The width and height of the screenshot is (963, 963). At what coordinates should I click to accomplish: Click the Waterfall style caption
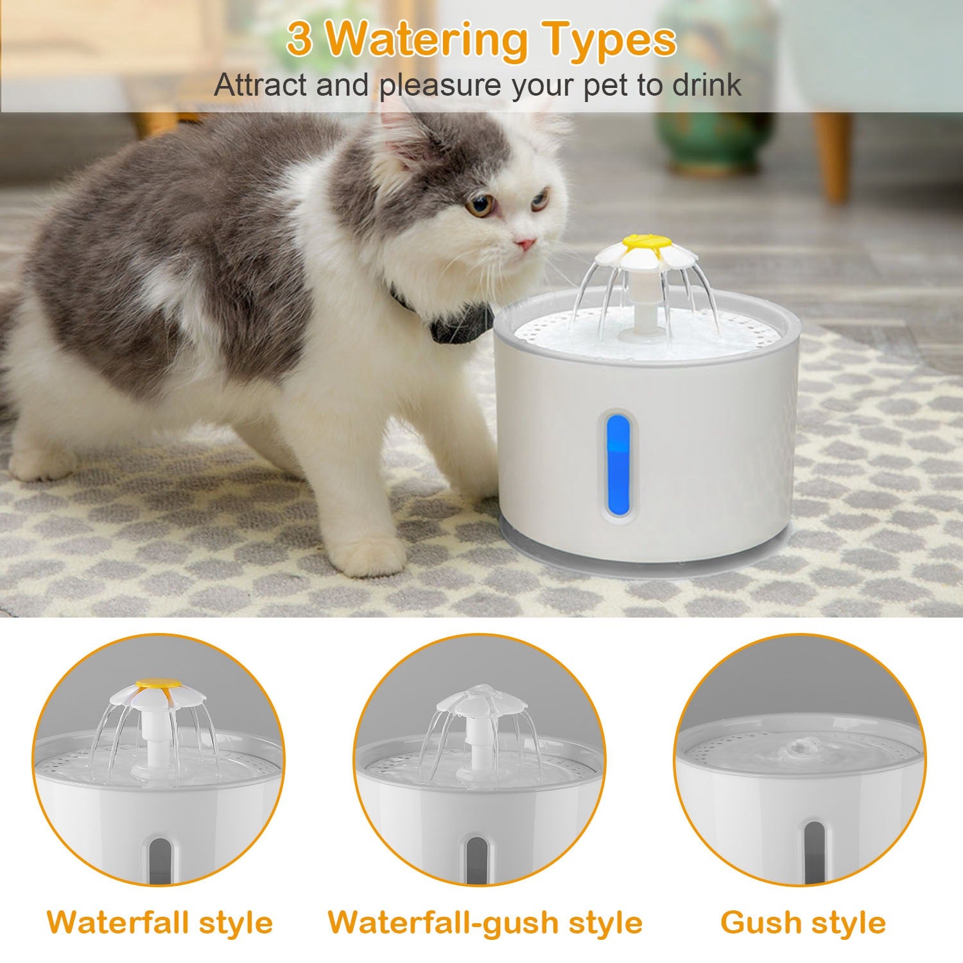pos(160,923)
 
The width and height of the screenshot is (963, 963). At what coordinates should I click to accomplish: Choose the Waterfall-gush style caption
pos(485,923)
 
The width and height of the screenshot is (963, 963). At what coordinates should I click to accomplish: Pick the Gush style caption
pos(803,923)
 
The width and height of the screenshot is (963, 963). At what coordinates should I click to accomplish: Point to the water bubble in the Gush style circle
pos(798,747)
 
